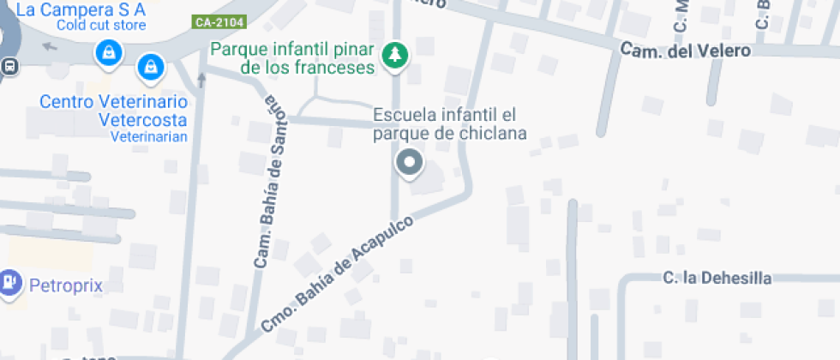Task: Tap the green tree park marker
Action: pos(395,56)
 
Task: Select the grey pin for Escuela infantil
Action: pos(409,162)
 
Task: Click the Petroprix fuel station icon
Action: pos(10,281)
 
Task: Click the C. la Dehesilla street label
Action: pos(717,278)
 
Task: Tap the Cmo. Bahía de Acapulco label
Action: pos(337,273)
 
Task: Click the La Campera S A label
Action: pos(81,9)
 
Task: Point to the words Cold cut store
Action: pos(101,25)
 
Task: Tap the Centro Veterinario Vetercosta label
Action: pos(114,111)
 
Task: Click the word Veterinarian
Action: pos(148,136)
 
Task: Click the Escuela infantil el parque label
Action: pos(449,123)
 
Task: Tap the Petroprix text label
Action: pos(66,285)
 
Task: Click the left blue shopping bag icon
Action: pos(107,54)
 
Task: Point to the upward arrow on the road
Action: pos(202,80)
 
